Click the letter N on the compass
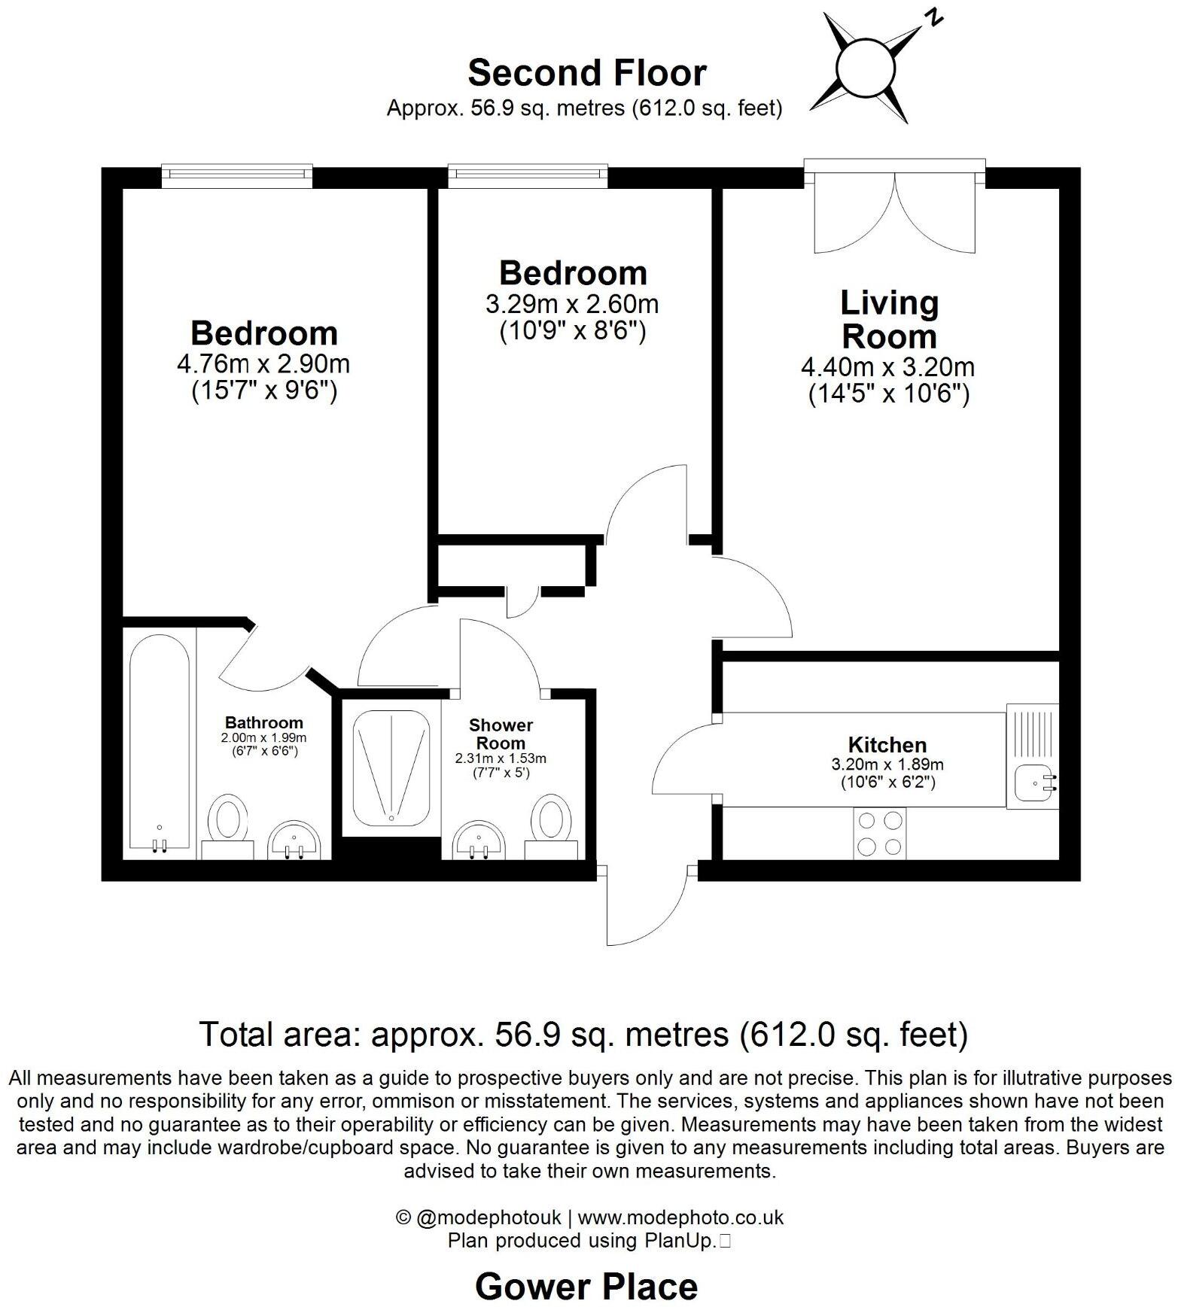[x=933, y=17]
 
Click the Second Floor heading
[x=586, y=73]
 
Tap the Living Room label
[x=889, y=319]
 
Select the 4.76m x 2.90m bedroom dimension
[x=263, y=364]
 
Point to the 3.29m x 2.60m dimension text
[x=572, y=305]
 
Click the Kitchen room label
[x=887, y=745]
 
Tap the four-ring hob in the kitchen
[x=880, y=834]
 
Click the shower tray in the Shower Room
[x=391, y=767]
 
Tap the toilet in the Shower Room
[x=551, y=822]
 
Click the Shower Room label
[x=501, y=734]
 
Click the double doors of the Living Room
[x=895, y=211]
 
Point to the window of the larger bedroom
[x=237, y=176]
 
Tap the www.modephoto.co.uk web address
[x=680, y=1217]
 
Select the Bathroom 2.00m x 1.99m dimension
[x=263, y=738]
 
